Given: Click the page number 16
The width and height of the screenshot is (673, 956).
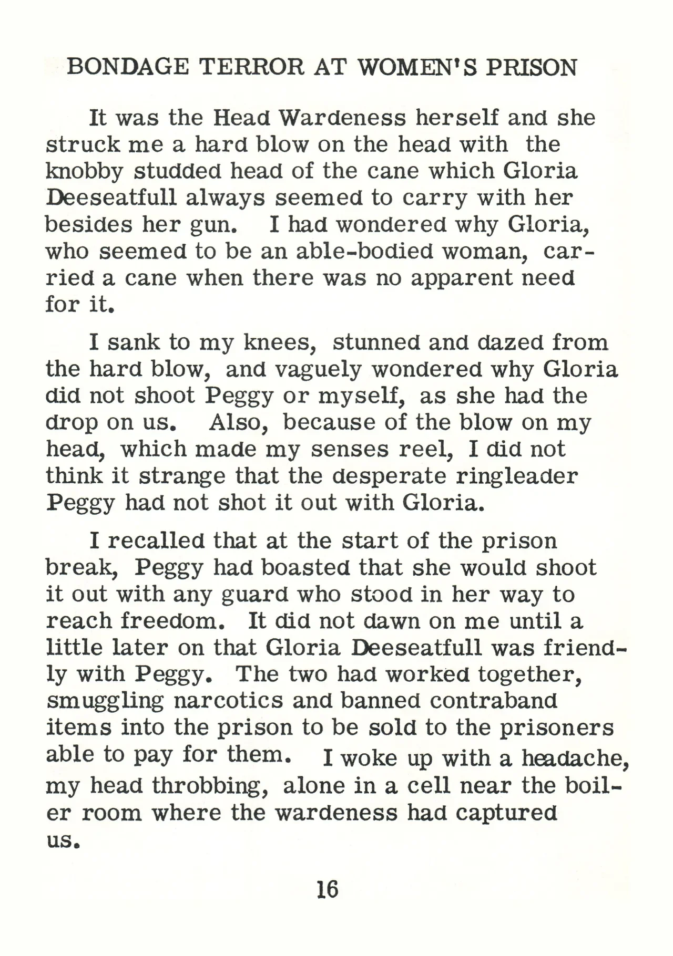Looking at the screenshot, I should (x=327, y=889).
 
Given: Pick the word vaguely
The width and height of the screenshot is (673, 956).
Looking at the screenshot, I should (x=319, y=370).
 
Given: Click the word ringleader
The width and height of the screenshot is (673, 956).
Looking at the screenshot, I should (x=516, y=476).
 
